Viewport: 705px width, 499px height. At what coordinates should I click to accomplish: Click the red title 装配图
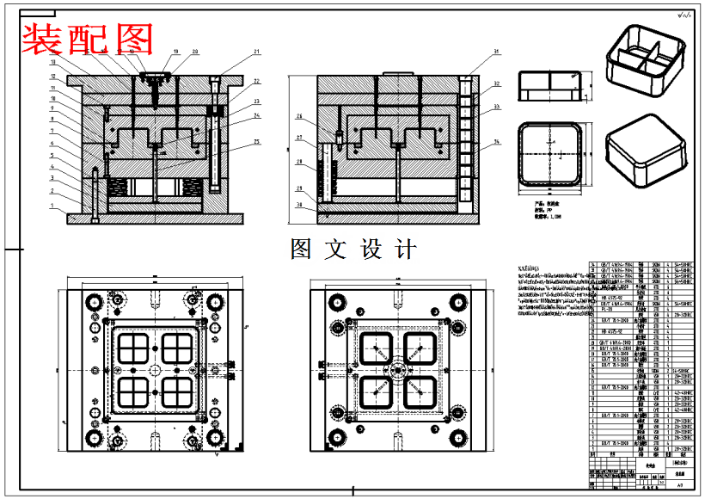[87, 38]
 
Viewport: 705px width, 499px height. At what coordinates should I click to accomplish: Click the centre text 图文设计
[353, 249]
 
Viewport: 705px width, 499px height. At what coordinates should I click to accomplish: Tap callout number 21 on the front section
[256, 53]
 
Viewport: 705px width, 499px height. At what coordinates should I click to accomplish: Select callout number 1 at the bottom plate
[52, 205]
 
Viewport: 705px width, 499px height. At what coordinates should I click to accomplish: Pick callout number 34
[497, 141]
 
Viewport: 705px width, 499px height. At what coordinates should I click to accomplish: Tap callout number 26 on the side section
[300, 117]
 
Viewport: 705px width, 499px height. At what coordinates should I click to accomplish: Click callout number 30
[300, 205]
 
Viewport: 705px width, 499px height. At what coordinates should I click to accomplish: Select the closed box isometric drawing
[646, 150]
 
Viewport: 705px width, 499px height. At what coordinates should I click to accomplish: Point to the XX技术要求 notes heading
[530, 268]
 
